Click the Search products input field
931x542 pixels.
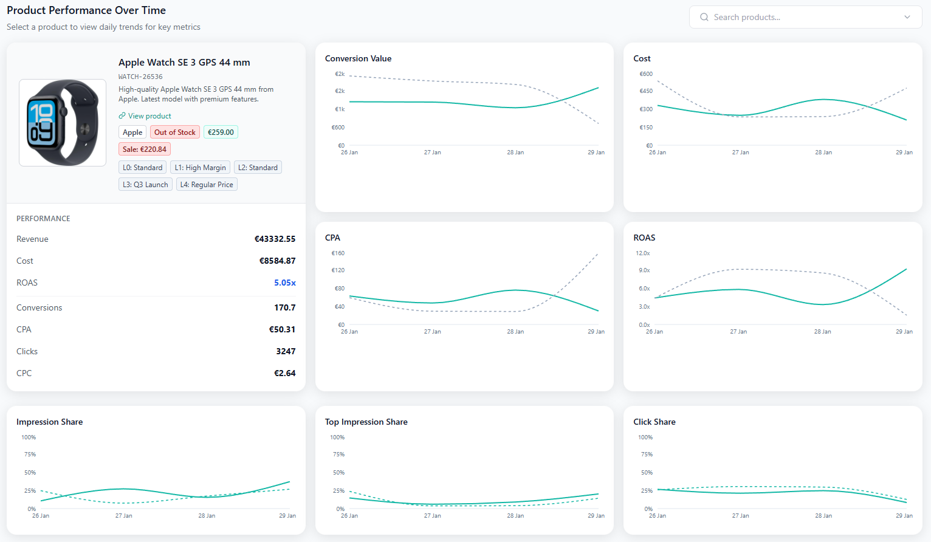(x=796, y=17)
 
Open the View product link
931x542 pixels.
(x=149, y=116)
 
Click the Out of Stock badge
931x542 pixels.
(x=174, y=132)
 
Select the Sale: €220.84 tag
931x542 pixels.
(x=145, y=149)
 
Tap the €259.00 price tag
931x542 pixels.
(x=221, y=132)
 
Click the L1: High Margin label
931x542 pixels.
(x=200, y=168)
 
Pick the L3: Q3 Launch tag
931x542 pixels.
(x=145, y=185)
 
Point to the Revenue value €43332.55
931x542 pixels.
(x=275, y=239)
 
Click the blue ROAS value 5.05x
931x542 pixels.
(x=284, y=283)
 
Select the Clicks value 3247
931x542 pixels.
(x=286, y=352)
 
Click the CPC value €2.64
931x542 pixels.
(x=284, y=374)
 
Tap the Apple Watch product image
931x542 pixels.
(x=63, y=123)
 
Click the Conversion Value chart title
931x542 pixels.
(x=358, y=59)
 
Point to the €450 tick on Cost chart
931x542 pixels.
(x=646, y=91)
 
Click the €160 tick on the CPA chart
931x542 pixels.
(x=338, y=253)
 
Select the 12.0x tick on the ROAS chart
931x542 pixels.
(x=643, y=253)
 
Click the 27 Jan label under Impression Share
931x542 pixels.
(x=123, y=516)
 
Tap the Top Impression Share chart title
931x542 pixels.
(x=366, y=422)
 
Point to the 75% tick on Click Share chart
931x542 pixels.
(x=647, y=455)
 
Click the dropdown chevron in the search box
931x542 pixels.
(x=907, y=17)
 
